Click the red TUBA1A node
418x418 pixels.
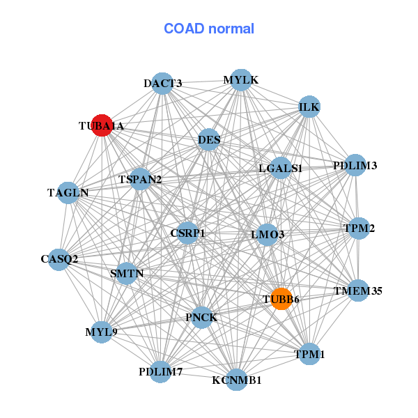(102, 125)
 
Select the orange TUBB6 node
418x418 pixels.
(281, 299)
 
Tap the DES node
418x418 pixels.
(209, 139)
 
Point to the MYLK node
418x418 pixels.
(241, 80)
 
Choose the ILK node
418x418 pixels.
(309, 107)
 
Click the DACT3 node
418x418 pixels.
(162, 84)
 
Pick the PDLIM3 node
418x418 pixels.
(355, 165)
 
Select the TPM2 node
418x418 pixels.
(359, 229)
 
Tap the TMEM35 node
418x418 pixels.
(358, 291)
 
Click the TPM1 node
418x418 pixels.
(309, 354)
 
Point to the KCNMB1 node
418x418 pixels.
(236, 380)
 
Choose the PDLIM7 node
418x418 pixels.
(160, 372)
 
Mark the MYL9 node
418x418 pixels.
(101, 332)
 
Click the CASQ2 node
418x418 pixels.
(59, 259)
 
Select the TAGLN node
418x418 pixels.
(68, 193)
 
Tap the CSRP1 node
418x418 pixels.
(187, 233)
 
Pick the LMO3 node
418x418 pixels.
(267, 235)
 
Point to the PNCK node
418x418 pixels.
(202, 318)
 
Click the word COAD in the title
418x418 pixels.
(184, 29)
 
